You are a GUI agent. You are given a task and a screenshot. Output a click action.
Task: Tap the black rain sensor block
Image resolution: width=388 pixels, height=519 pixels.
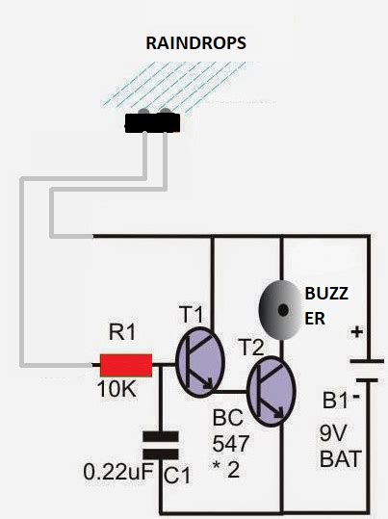153,121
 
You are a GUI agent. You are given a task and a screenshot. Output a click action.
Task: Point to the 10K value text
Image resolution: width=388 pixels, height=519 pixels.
116,392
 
